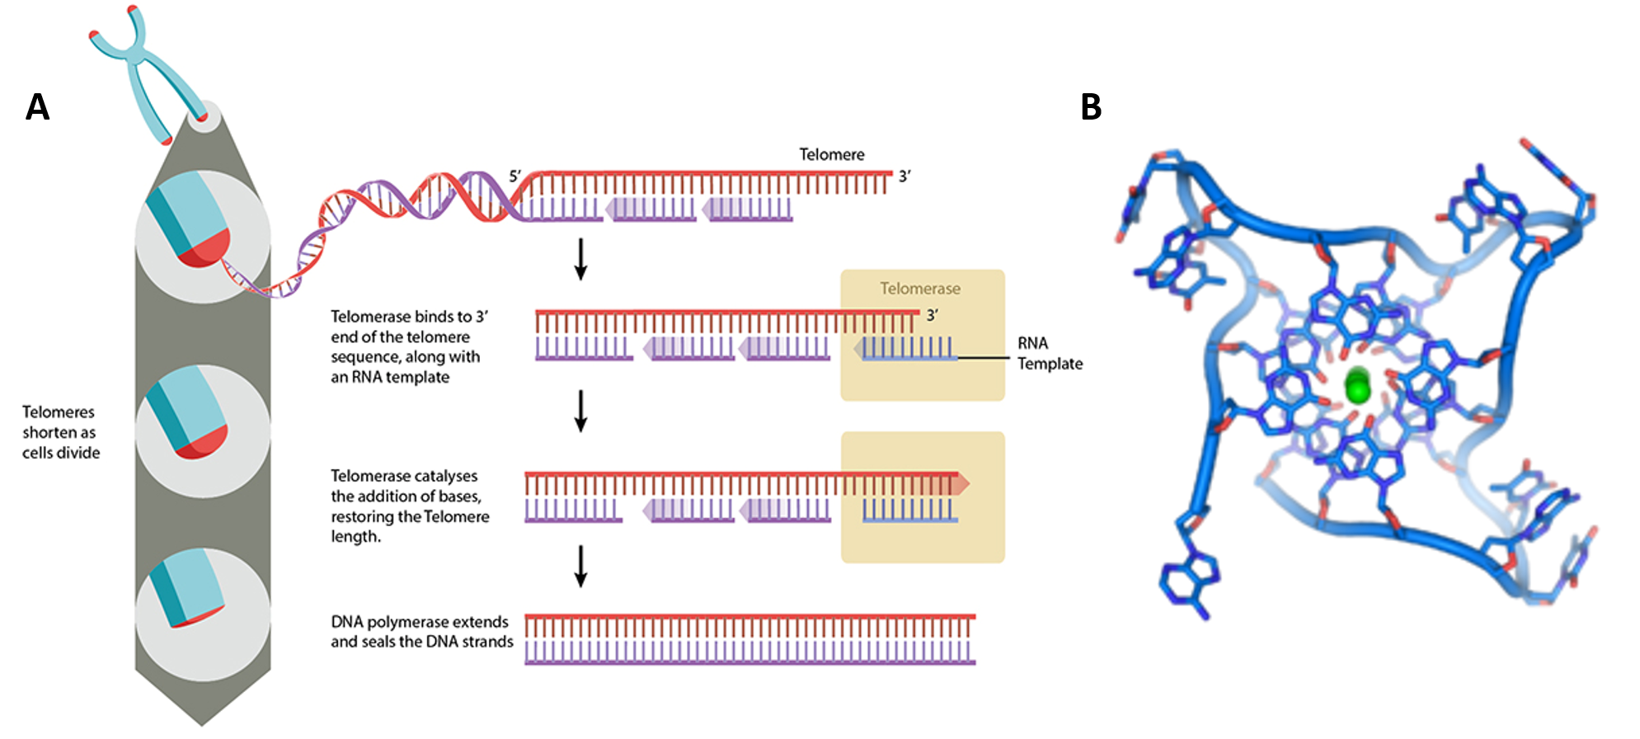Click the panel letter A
pyautogui.click(x=37, y=107)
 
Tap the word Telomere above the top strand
pyautogui.click(x=831, y=154)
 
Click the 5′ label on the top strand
pyautogui.click(x=515, y=176)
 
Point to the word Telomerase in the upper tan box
pyautogui.click(x=919, y=289)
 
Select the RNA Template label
pyautogui.click(x=1049, y=353)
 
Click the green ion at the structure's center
pyautogui.click(x=1357, y=386)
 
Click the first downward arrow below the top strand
pyautogui.click(x=580, y=259)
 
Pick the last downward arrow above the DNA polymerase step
pyautogui.click(x=580, y=566)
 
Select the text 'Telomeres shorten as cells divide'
pyautogui.click(x=60, y=432)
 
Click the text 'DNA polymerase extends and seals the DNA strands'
pyautogui.click(x=421, y=632)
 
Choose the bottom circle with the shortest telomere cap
pyautogui.click(x=203, y=614)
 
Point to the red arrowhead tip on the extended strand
pyautogui.click(x=962, y=483)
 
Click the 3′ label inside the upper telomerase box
pyautogui.click(x=932, y=315)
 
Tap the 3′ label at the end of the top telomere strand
pyautogui.click(x=905, y=176)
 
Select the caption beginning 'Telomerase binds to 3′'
pyautogui.click(x=409, y=346)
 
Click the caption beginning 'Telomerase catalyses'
pyautogui.click(x=410, y=506)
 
